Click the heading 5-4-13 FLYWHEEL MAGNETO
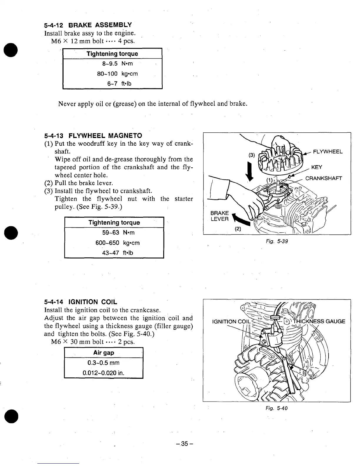[93, 136]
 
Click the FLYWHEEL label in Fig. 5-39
[328, 152]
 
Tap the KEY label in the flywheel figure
[316, 167]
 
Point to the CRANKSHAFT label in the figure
[324, 179]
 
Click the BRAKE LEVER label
[219, 216]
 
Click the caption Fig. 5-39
[276, 242]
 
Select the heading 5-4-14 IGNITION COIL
[80, 302]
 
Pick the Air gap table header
[104, 353]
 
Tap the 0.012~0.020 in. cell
[104, 373]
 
